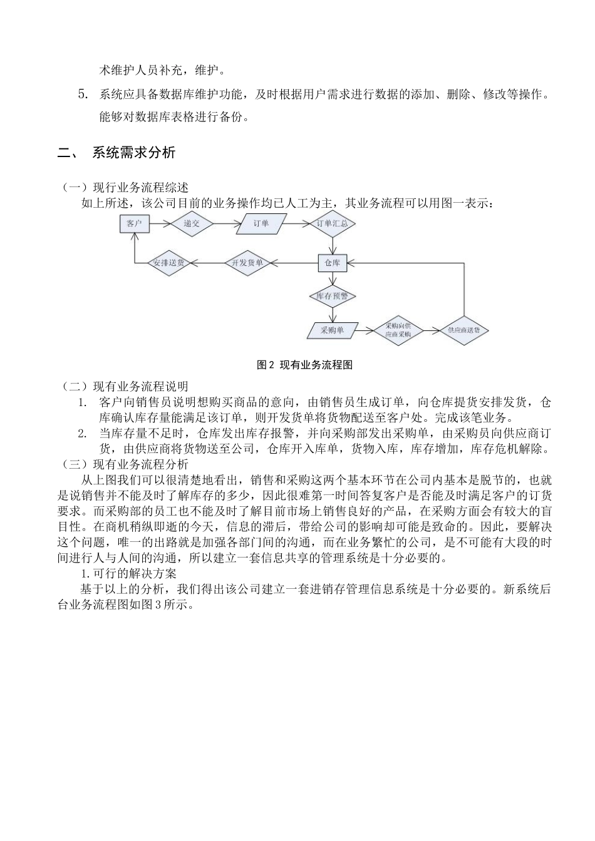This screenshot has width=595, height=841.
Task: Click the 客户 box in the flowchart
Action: (134, 223)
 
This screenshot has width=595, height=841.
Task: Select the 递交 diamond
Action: (192, 223)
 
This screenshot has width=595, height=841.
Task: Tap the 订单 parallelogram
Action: (262, 223)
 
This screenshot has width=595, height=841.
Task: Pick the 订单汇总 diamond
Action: (332, 223)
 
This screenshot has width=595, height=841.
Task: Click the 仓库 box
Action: (332, 263)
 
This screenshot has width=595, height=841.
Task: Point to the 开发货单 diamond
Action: (247, 263)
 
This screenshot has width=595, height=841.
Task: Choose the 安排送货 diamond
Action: (169, 263)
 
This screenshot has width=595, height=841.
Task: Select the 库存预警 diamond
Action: (332, 296)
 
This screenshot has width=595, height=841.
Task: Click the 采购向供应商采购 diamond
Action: (398, 330)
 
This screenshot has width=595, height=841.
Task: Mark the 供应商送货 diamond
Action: (464, 330)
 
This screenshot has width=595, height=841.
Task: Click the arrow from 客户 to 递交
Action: (159, 223)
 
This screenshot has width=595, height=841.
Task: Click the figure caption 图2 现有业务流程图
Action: (305, 365)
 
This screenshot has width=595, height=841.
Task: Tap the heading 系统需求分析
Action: (133, 152)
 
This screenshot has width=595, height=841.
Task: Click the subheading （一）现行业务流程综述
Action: (125, 187)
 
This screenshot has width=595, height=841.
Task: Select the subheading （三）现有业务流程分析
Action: (125, 464)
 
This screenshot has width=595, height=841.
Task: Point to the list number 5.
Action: (82, 95)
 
